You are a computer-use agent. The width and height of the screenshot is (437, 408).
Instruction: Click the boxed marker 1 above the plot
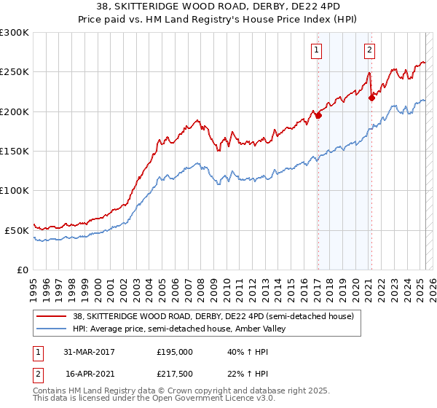(318, 50)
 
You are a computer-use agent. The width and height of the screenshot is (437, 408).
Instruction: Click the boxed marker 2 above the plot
(370, 50)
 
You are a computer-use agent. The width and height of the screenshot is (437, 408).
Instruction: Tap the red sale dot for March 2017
(318, 114)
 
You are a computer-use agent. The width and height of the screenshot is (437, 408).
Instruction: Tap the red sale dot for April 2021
(371, 97)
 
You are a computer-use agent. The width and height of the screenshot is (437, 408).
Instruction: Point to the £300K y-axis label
(15, 33)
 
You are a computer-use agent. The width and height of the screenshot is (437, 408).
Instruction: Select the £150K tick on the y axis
(15, 151)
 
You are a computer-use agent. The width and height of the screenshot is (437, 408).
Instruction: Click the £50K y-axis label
(17, 230)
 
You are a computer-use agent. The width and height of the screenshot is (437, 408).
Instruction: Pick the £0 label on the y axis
(23, 270)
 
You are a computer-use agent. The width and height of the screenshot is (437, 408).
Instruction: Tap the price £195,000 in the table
(175, 351)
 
